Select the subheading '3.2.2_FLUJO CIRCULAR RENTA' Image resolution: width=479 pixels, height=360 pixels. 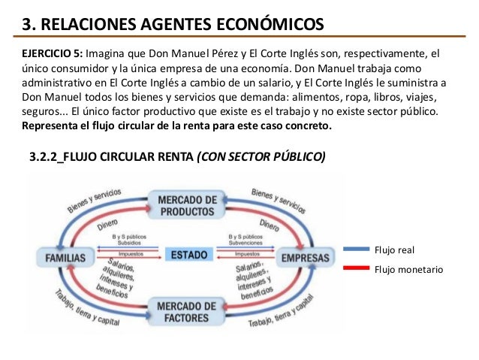(x=108, y=157)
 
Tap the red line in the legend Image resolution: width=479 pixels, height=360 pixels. (x=354, y=268)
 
